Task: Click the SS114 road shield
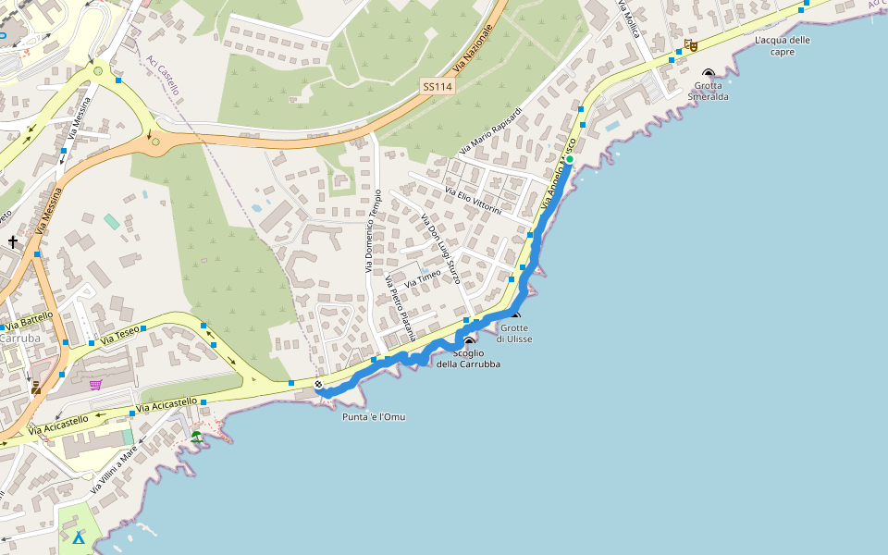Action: tap(437, 86)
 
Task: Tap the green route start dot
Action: tap(570, 160)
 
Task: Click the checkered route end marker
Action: tap(318, 384)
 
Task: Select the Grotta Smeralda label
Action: tap(708, 91)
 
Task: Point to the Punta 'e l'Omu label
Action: tap(374, 417)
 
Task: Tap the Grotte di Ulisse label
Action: tap(513, 333)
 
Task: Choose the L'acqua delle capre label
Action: tap(782, 45)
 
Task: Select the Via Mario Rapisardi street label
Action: tap(490, 131)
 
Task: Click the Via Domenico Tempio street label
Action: tap(373, 231)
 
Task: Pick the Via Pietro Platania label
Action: tap(401, 307)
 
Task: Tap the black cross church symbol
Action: tap(13, 242)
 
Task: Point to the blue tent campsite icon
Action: tap(80, 537)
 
